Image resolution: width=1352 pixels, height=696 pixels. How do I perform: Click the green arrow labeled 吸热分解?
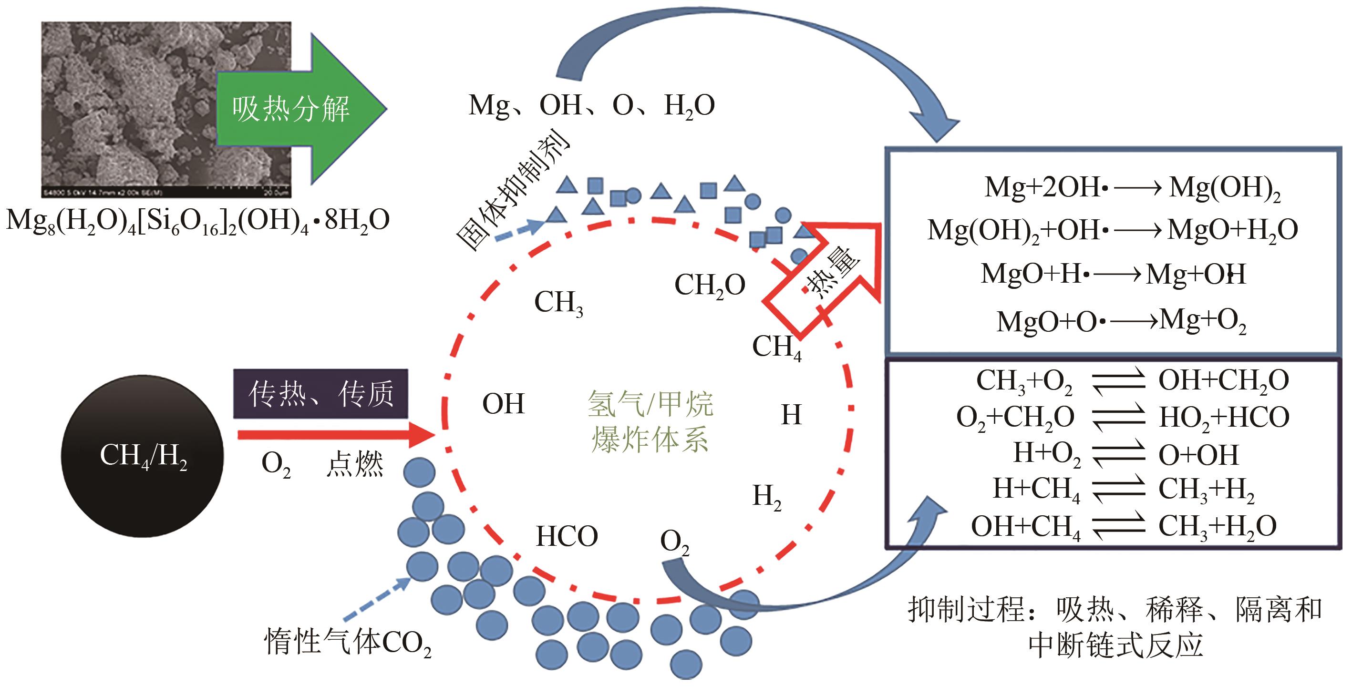click(294, 109)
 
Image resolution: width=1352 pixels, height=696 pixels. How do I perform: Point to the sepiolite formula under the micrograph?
click(198, 220)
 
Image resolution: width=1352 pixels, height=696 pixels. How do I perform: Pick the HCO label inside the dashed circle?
click(567, 536)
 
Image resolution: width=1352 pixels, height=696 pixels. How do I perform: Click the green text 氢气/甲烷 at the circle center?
click(650, 404)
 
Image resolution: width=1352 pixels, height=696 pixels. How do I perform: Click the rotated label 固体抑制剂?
click(512, 192)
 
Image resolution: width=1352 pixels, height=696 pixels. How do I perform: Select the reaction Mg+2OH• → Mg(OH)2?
click(1133, 187)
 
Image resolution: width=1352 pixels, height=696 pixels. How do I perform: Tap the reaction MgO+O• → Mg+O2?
click(1121, 320)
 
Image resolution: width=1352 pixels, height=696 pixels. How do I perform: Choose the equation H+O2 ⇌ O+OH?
click(1125, 454)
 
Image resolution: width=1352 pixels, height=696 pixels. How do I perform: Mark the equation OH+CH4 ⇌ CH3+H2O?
click(1123, 526)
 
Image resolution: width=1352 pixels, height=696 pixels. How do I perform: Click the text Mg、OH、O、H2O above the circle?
click(591, 105)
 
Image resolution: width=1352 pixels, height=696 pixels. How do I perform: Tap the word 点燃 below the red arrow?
click(355, 464)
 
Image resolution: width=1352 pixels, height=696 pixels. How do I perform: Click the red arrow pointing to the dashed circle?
click(336, 435)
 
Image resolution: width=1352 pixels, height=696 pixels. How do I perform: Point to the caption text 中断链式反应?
click(1115, 645)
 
